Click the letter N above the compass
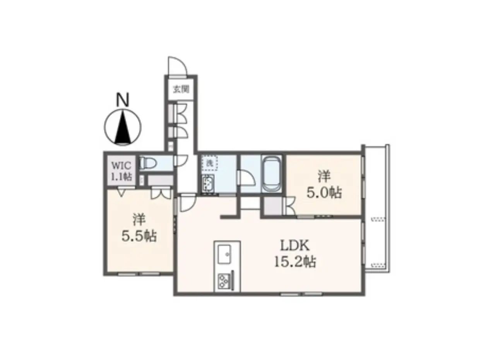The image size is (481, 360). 123,100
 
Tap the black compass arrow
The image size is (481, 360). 123,127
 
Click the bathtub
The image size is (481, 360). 272,173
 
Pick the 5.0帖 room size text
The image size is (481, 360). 324,193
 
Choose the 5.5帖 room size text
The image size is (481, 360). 139,236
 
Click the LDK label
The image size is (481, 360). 294,245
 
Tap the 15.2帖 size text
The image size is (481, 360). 295,262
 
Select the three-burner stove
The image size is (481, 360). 224,281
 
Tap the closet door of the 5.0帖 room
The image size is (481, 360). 290,206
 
